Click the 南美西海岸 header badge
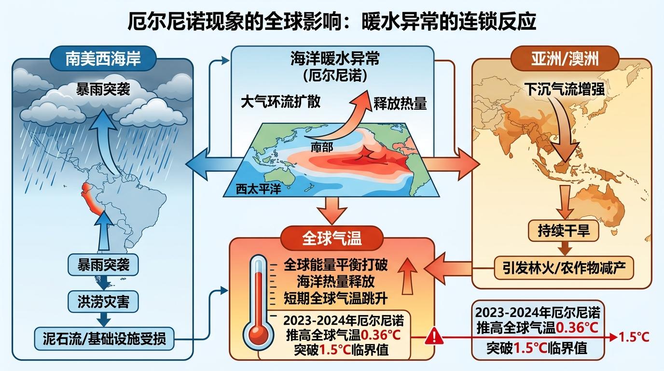tap(103, 58)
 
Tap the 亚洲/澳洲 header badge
tap(565, 58)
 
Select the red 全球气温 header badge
tap(332, 238)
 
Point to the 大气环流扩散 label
tap(280, 102)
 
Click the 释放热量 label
tap(400, 103)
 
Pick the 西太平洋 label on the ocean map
tap(259, 188)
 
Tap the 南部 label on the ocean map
tap(322, 147)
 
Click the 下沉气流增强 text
tap(565, 89)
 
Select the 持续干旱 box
tap(564, 230)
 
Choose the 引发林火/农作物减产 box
tap(564, 268)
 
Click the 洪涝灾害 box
tap(103, 301)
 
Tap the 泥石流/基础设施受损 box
tap(104, 339)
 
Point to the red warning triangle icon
tap(434, 337)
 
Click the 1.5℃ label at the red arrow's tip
tap(634, 338)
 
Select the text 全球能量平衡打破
tap(335, 264)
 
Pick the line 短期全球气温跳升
tap(335, 298)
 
